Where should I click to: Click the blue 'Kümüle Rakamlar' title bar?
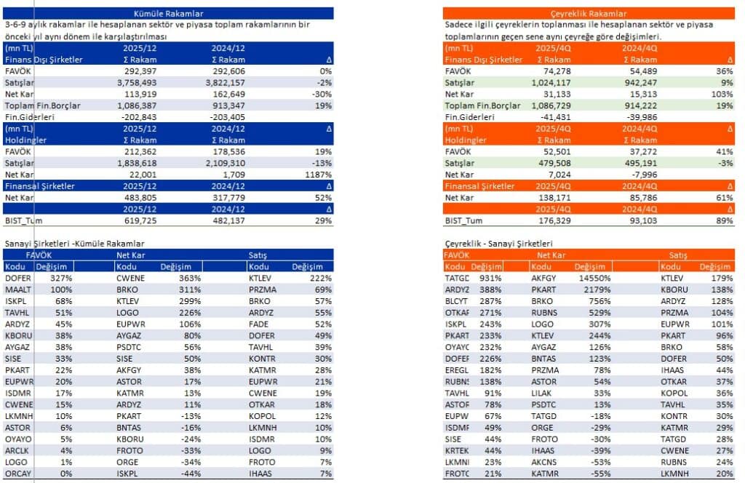tap(168, 13)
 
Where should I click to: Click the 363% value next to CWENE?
tap(191, 278)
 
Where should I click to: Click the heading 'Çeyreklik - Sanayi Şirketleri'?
tap(498, 243)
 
